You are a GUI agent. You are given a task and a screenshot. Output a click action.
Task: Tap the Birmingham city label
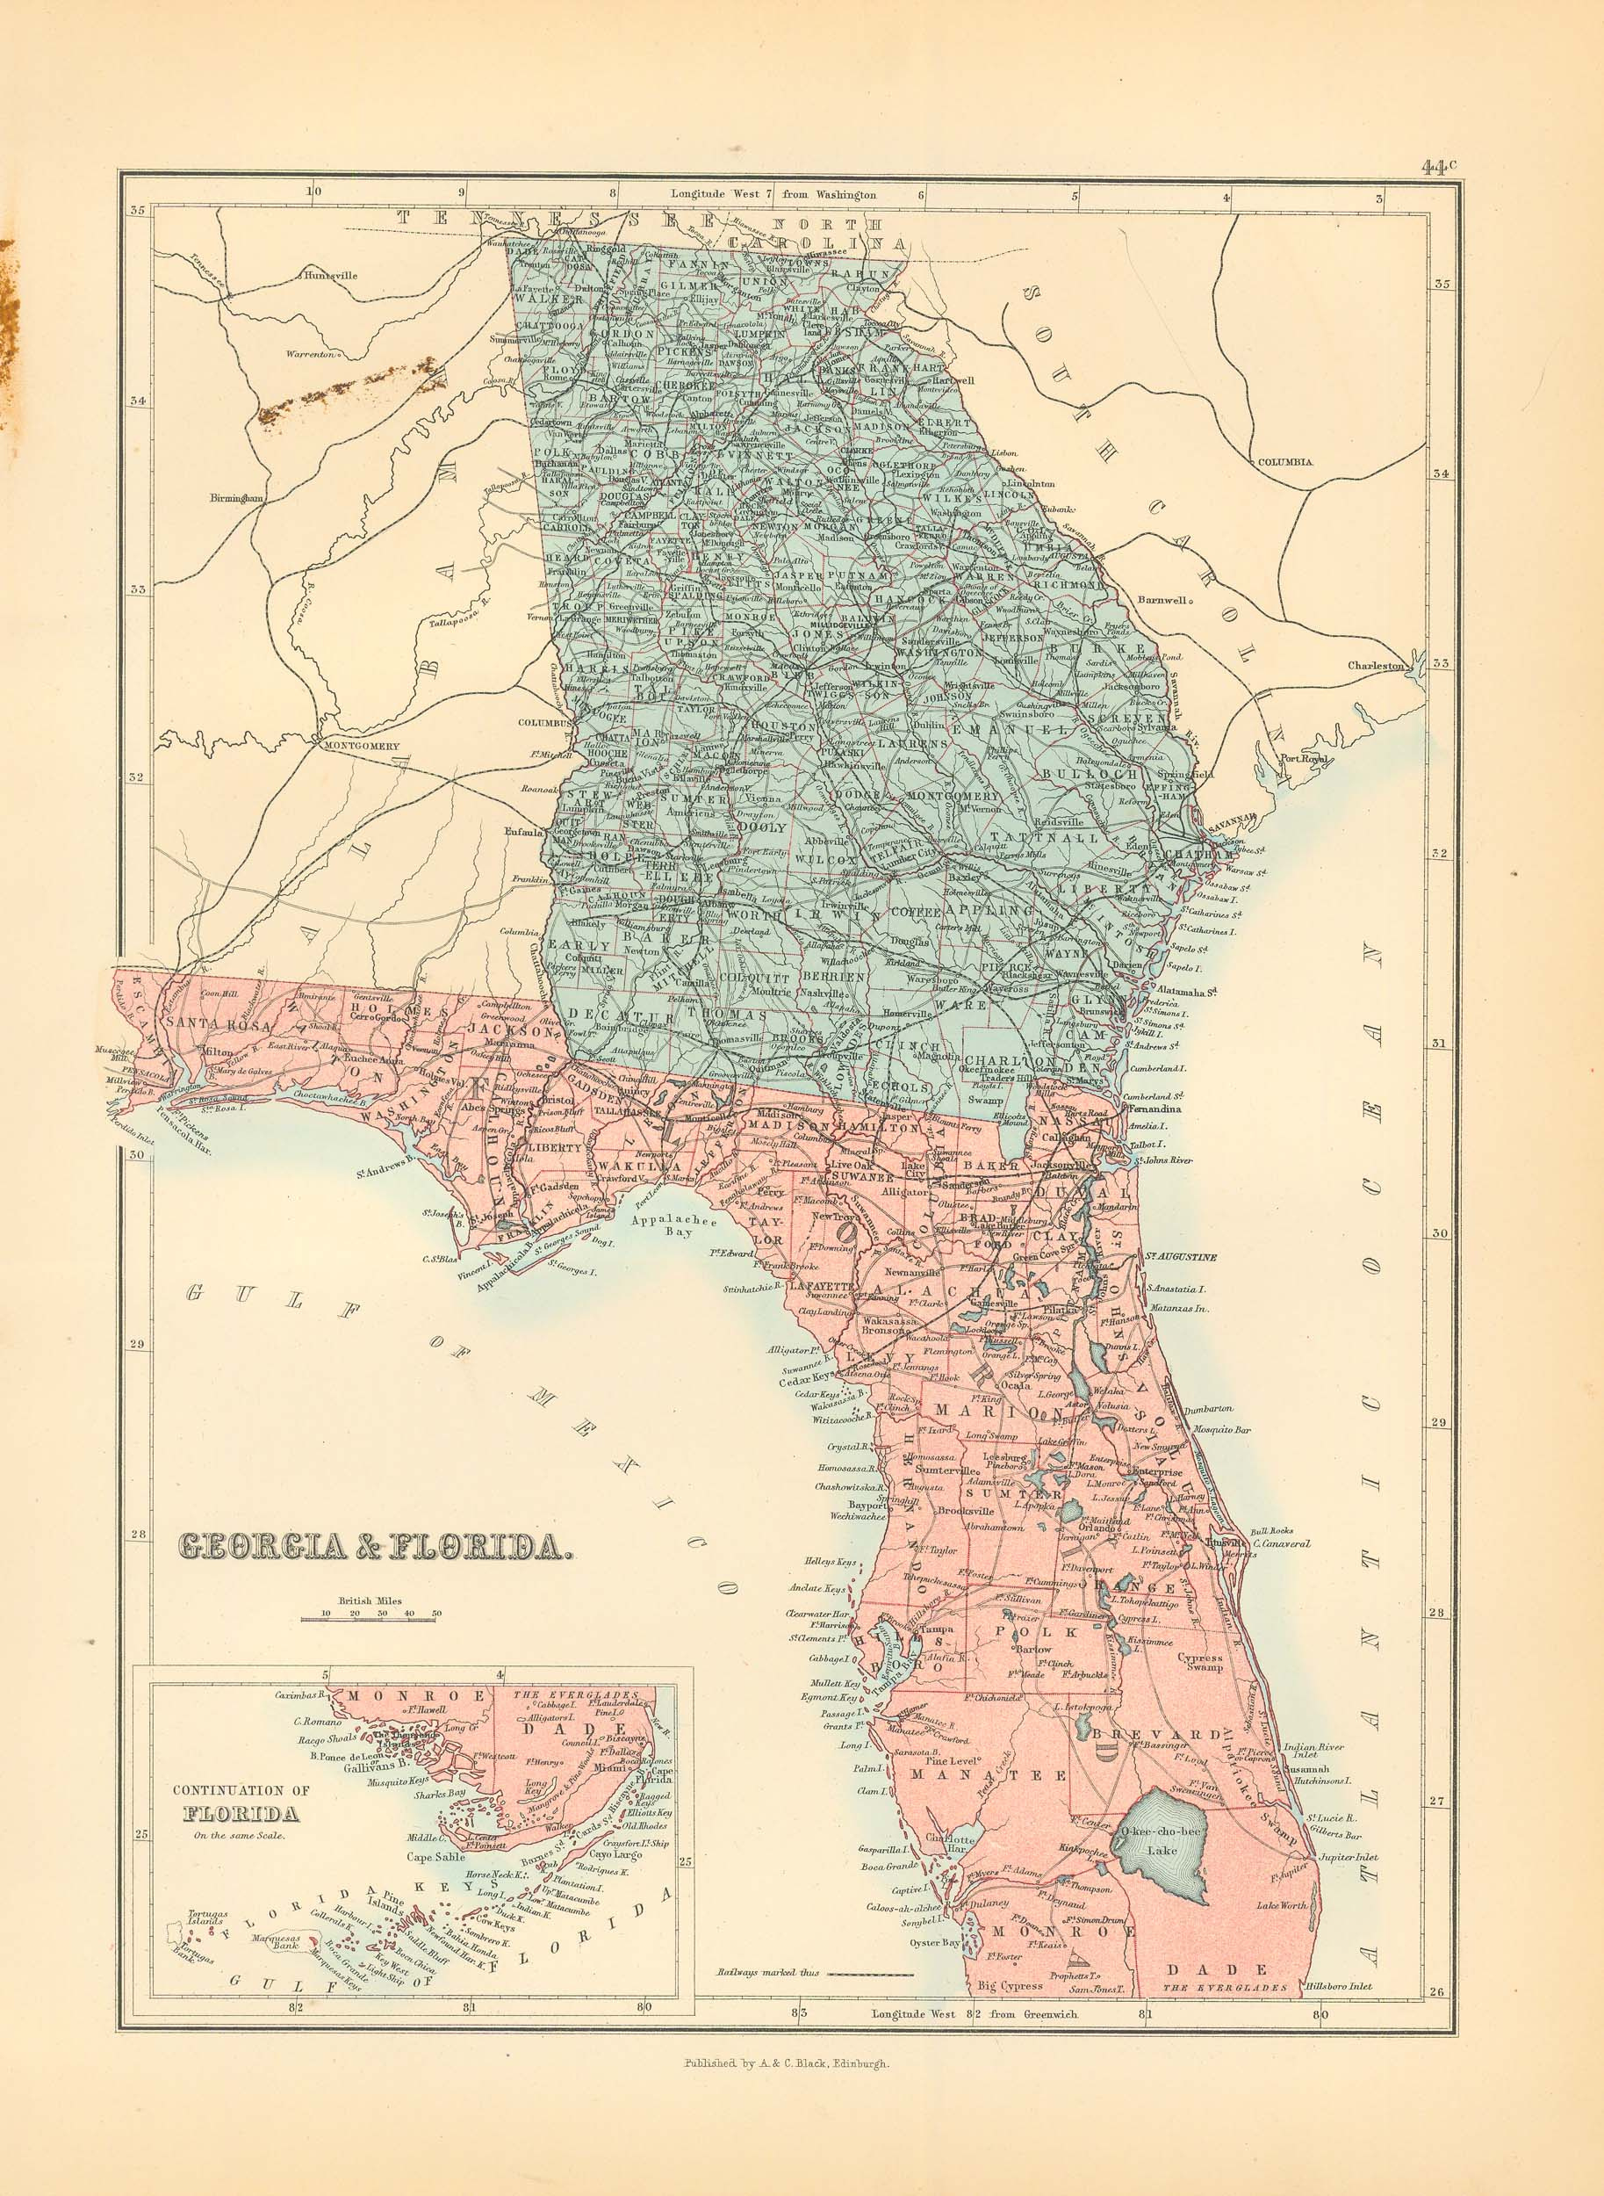coord(230,498)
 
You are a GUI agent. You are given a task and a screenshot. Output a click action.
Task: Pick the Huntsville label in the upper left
coord(330,275)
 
